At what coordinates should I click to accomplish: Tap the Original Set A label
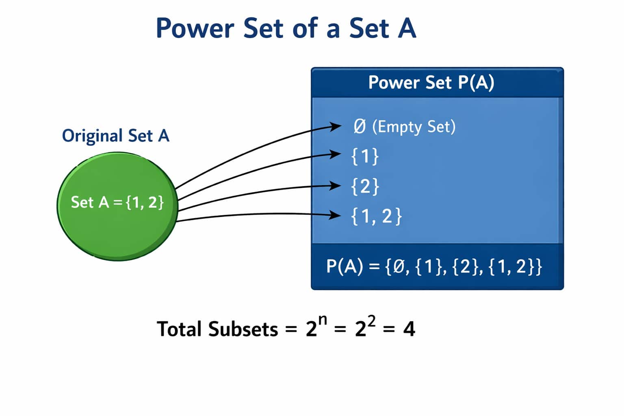(115, 136)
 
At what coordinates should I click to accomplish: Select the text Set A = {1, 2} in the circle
(117, 202)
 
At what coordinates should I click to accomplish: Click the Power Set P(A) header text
(431, 82)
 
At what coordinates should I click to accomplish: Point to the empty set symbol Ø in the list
(360, 127)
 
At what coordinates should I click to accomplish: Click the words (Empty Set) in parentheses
(414, 127)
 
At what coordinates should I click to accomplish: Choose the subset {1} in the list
(365, 156)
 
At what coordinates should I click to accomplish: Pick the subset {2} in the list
(365, 186)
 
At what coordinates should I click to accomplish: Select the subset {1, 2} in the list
(376, 216)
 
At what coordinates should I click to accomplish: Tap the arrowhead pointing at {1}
(336, 154)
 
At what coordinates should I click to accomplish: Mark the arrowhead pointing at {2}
(336, 186)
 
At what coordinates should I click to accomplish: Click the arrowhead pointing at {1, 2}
(336, 214)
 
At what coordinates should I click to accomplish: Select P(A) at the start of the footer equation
(344, 267)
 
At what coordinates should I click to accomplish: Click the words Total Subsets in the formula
(217, 329)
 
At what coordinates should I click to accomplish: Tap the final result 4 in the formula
(409, 329)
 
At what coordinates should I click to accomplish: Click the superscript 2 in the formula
(371, 321)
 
